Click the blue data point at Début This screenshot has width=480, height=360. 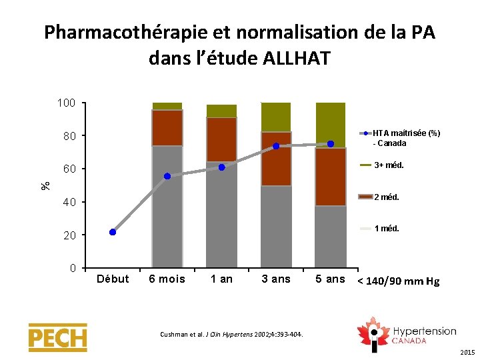(113, 232)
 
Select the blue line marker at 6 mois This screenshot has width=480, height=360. (167, 176)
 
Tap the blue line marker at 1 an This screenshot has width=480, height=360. (221, 167)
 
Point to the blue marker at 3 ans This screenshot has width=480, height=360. (276, 146)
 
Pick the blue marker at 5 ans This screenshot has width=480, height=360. (331, 143)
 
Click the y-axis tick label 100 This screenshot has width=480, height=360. (65, 103)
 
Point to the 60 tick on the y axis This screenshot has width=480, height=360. (69, 169)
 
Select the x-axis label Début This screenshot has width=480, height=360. (113, 279)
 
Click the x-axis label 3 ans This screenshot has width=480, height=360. (276, 279)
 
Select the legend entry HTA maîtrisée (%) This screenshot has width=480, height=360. (406, 133)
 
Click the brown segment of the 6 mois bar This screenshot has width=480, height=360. (167, 128)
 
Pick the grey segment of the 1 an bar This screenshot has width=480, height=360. (221, 213)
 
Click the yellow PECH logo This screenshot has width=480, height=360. (57, 337)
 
